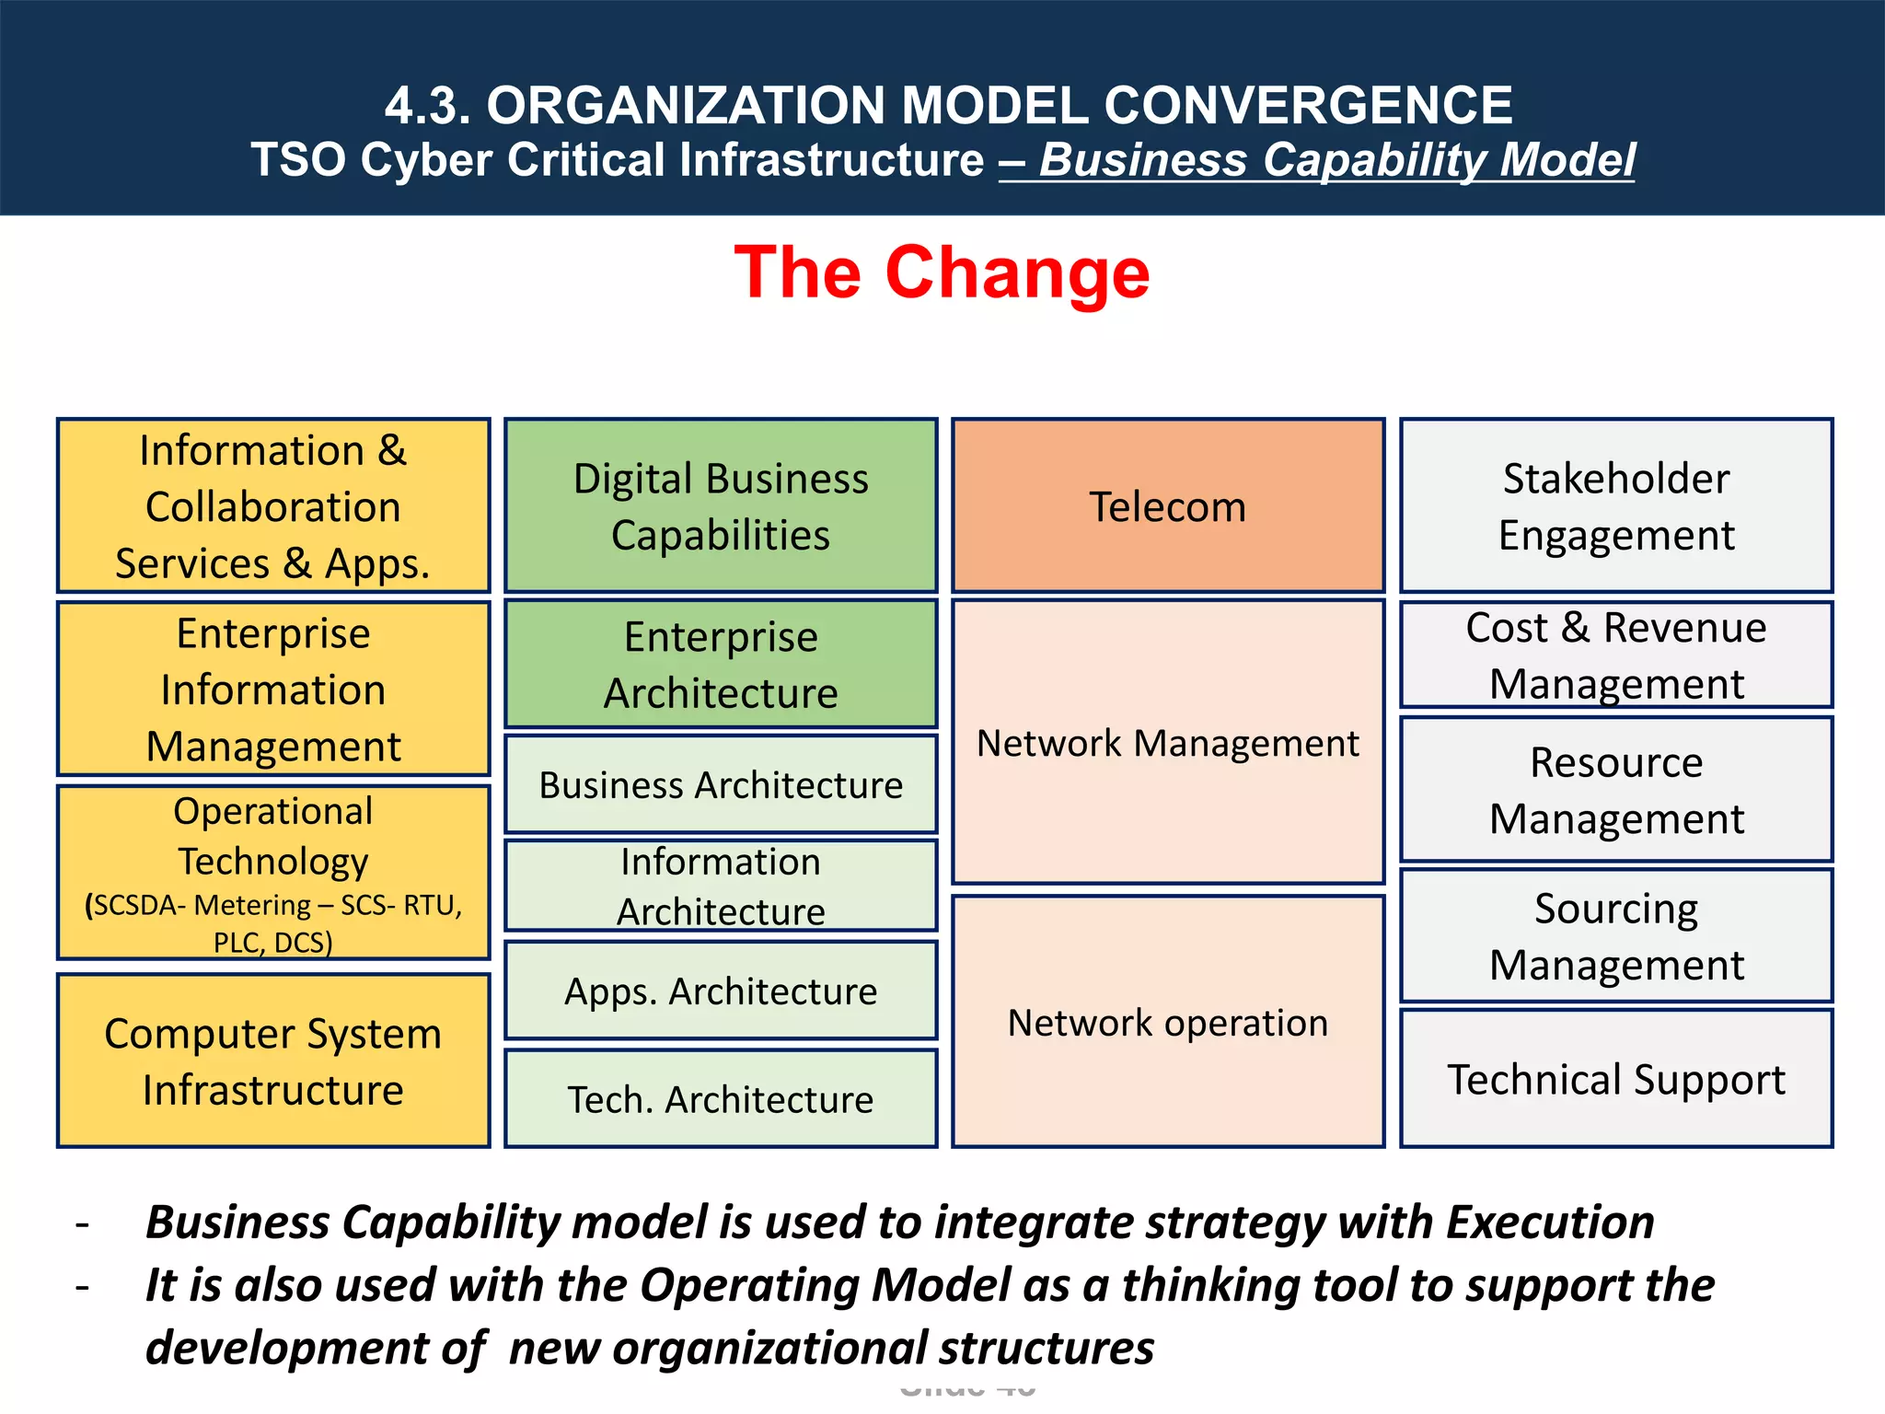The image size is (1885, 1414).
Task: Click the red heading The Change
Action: (942, 272)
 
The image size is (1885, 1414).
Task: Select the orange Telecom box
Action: (1167, 505)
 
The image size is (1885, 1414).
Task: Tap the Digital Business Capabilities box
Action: (721, 505)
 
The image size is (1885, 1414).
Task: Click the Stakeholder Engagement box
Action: (1615, 505)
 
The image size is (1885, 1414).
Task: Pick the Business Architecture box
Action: (721, 784)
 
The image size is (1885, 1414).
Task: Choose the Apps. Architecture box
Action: (721, 991)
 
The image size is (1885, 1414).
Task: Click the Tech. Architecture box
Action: (721, 1099)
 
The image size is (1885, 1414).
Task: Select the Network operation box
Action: (1167, 1022)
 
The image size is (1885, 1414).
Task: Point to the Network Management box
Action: (1167, 742)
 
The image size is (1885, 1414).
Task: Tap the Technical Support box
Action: (1615, 1079)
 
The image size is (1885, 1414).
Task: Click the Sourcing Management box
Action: (1615, 935)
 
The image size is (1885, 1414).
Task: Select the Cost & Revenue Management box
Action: (1615, 655)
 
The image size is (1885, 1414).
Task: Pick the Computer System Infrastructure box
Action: (272, 1060)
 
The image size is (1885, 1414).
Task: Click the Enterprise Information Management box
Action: (272, 689)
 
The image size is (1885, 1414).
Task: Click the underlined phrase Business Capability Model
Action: (1336, 160)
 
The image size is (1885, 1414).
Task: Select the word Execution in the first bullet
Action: (1549, 1223)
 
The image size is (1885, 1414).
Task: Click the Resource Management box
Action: (1615, 790)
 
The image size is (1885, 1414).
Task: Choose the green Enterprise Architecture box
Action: (721, 664)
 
